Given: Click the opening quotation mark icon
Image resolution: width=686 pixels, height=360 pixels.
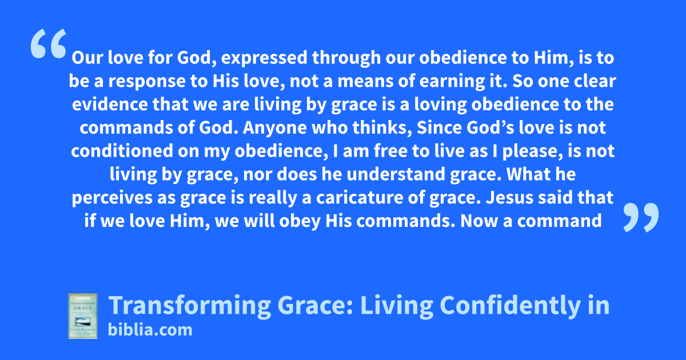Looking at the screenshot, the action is [49, 43].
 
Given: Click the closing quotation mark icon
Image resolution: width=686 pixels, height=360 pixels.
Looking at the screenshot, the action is [641, 217].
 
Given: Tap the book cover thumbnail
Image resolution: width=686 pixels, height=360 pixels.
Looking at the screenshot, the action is [83, 316].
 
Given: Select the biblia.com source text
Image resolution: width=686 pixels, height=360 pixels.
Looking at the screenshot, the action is [150, 330].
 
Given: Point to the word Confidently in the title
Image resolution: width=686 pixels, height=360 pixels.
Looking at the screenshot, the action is [510, 306].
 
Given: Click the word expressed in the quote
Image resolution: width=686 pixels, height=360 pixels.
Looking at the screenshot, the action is [264, 58].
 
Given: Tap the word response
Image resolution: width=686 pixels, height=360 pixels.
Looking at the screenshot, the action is [147, 82].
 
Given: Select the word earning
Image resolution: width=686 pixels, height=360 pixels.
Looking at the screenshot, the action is [450, 82].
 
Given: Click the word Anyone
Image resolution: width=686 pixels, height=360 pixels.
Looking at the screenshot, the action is [275, 127].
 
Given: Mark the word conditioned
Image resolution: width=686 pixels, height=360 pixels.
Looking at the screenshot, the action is [122, 151].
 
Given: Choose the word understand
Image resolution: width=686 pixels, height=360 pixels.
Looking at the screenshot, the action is [396, 174].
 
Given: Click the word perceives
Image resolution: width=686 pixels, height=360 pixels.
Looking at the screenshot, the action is [112, 198].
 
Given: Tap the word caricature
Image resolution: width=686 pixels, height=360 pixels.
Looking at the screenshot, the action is [360, 198].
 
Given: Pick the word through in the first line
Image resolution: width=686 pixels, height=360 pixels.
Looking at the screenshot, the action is [346, 58].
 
